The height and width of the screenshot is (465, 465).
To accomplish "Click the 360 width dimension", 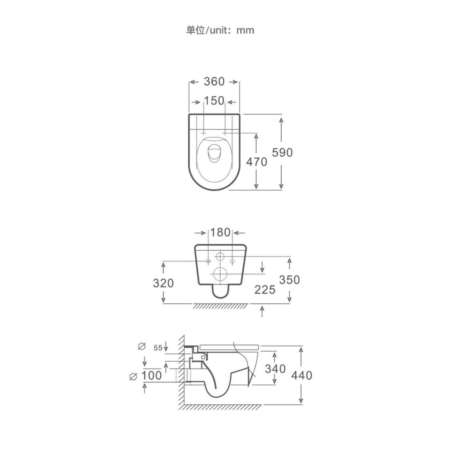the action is [214, 82].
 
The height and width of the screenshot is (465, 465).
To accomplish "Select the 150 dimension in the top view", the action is [214, 101].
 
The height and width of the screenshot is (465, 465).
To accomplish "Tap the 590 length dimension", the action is [282, 153].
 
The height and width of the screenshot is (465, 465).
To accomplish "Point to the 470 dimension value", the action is [257, 162].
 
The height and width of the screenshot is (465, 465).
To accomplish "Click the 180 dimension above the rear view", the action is [220, 232].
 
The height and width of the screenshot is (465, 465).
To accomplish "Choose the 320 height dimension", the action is [163, 283].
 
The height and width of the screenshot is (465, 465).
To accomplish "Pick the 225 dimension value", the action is [265, 290].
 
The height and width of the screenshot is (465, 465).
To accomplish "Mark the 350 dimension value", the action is [289, 280].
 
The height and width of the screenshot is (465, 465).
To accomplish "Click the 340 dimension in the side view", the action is [275, 369].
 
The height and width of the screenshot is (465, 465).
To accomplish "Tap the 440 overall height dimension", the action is [302, 376].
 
